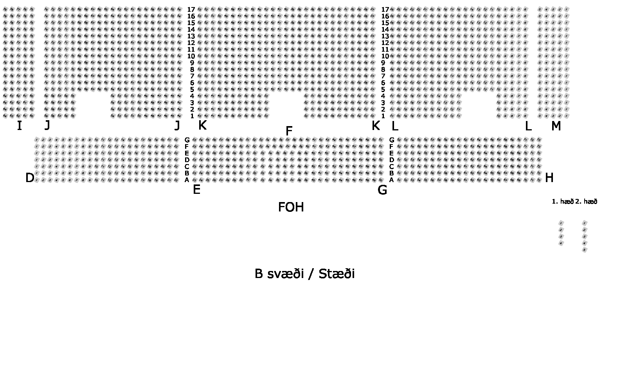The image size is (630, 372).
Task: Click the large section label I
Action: pyautogui.click(x=19, y=126)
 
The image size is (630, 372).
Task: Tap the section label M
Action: pyautogui.click(x=556, y=126)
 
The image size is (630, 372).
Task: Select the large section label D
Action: pyautogui.click(x=30, y=178)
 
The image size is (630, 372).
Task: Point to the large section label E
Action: pyautogui.click(x=196, y=190)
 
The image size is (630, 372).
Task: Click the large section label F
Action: pyautogui.click(x=289, y=131)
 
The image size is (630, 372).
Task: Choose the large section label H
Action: pyautogui.click(x=549, y=178)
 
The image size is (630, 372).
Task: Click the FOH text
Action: pyautogui.click(x=291, y=207)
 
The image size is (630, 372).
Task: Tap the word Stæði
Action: pyautogui.click(x=337, y=274)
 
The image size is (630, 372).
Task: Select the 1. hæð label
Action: pyautogui.click(x=562, y=202)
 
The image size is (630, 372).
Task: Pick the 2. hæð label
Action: pyautogui.click(x=586, y=202)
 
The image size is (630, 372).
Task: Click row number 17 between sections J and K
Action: pyautogui.click(x=191, y=9)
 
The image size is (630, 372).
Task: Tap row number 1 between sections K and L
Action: pyautogui.click(x=383, y=116)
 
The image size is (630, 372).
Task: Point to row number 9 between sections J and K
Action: pyautogui.click(x=192, y=63)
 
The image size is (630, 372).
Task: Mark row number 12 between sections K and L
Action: pyautogui.click(x=385, y=43)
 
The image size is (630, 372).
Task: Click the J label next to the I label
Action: pyautogui.click(x=47, y=125)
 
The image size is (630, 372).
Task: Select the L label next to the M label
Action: pyautogui.click(x=528, y=126)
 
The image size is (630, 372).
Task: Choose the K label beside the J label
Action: pyautogui.click(x=202, y=125)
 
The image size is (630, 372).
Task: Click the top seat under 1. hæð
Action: pyautogui.click(x=561, y=223)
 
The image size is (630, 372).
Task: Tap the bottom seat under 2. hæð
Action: pyautogui.click(x=585, y=250)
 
